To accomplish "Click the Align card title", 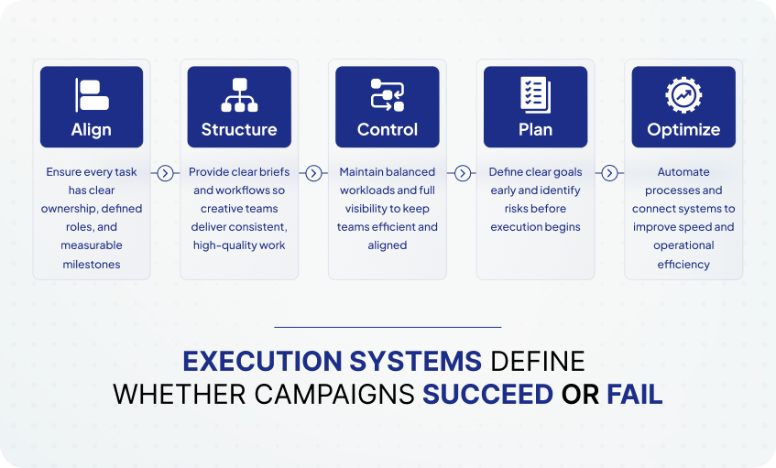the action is [x=91, y=130].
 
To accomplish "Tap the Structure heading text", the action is [x=239, y=130].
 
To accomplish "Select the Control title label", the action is [x=388, y=130].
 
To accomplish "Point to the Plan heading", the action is [x=535, y=130].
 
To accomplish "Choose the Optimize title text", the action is [x=683, y=130].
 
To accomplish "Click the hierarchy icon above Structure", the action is [x=239, y=95].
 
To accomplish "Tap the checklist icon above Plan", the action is [x=535, y=95].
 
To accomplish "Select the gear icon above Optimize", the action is [x=683, y=95].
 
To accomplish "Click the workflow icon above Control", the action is [x=388, y=95].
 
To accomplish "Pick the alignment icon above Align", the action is [x=92, y=95].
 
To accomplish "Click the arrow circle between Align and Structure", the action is [x=165, y=173].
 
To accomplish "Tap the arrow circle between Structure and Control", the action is [x=313, y=173].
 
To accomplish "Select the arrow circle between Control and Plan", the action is [x=463, y=173].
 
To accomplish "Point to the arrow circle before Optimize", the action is [x=610, y=173].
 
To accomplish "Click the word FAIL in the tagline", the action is [x=635, y=395].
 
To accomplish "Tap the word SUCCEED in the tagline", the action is [x=487, y=395].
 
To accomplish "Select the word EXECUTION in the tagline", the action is [x=262, y=361].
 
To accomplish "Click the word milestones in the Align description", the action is [x=92, y=264].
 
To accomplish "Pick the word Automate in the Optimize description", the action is [x=683, y=171].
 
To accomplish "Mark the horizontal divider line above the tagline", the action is [x=388, y=327].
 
